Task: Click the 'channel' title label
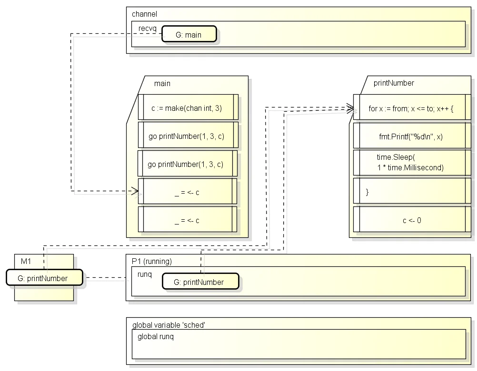144,14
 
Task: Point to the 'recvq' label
147,28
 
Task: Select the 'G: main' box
189,34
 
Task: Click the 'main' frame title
162,84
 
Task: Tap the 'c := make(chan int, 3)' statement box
188,107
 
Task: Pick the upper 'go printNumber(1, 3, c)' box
188,135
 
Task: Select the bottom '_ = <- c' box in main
188,219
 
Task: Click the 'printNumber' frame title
394,83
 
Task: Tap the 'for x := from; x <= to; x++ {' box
412,107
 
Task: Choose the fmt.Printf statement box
412,136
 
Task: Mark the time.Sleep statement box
412,162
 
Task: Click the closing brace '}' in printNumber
367,192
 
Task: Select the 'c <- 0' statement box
412,219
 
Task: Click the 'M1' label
26,261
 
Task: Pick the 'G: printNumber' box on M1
44,277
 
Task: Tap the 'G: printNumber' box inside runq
200,282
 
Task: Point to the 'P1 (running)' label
152,261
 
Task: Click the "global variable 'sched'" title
169,325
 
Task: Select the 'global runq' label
156,337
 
